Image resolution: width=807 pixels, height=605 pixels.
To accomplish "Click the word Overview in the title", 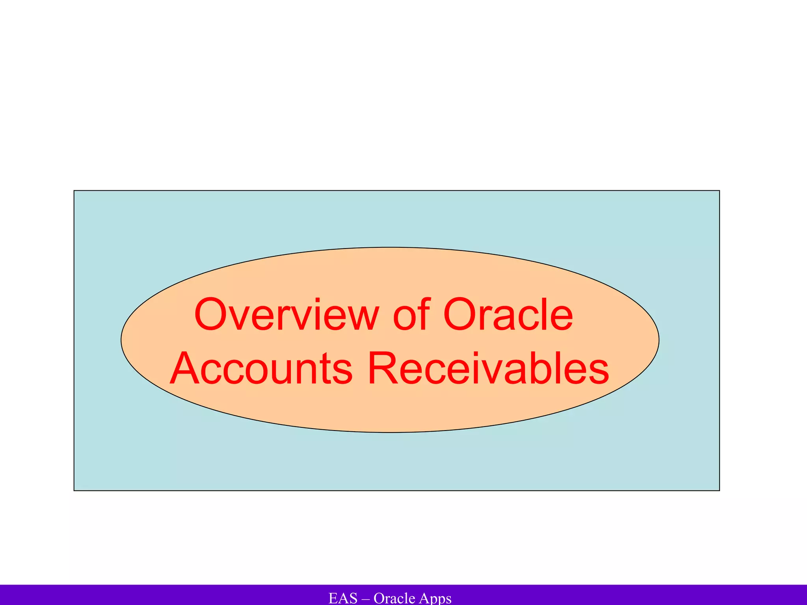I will click(286, 315).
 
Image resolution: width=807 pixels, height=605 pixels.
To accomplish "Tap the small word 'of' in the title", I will click(411, 315).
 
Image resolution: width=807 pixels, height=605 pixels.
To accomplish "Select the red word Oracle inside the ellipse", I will click(508, 315).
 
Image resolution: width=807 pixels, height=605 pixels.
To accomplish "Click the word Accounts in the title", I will click(261, 369).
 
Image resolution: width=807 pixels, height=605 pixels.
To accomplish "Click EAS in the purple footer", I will click(343, 598).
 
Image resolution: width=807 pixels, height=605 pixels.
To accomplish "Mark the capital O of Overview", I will click(212, 315).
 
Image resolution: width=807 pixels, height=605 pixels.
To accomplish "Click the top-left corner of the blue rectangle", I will click(74, 191).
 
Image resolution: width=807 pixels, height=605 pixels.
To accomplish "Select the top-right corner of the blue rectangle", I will click(720, 191).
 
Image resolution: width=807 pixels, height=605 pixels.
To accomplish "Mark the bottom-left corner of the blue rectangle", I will click(74, 490).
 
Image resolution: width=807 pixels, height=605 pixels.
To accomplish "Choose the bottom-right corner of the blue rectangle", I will click(720, 490).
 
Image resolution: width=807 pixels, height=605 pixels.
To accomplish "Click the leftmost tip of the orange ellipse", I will click(121, 340).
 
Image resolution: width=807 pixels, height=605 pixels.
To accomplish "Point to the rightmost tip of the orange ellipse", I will click(659, 340).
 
